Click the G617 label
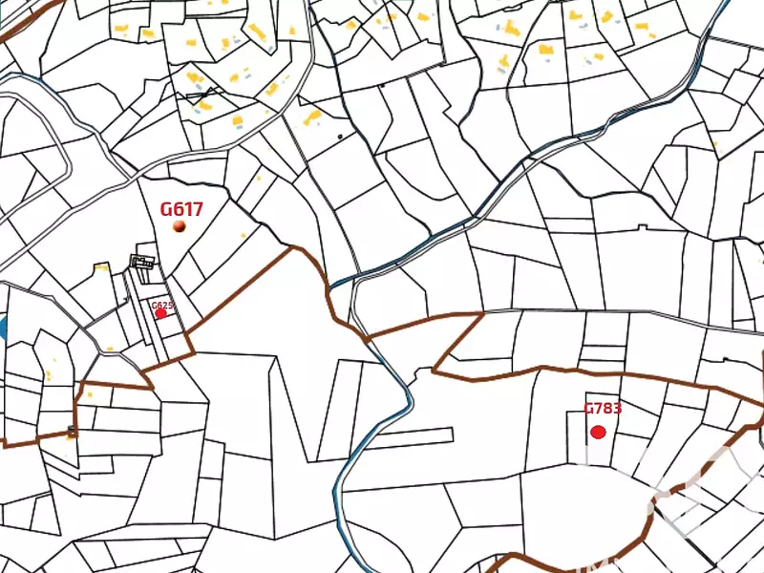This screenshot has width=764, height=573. [181, 208]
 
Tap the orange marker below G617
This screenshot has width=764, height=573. [180, 225]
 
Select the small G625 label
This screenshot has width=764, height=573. [162, 306]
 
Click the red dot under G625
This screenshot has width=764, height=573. [160, 313]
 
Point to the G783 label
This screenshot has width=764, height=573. [603, 408]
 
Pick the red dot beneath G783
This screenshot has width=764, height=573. [599, 432]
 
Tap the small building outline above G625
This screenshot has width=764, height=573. [142, 262]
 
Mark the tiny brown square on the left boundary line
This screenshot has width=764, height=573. [73, 432]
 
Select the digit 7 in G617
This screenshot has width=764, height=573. [197, 208]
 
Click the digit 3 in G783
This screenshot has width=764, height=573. [617, 408]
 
